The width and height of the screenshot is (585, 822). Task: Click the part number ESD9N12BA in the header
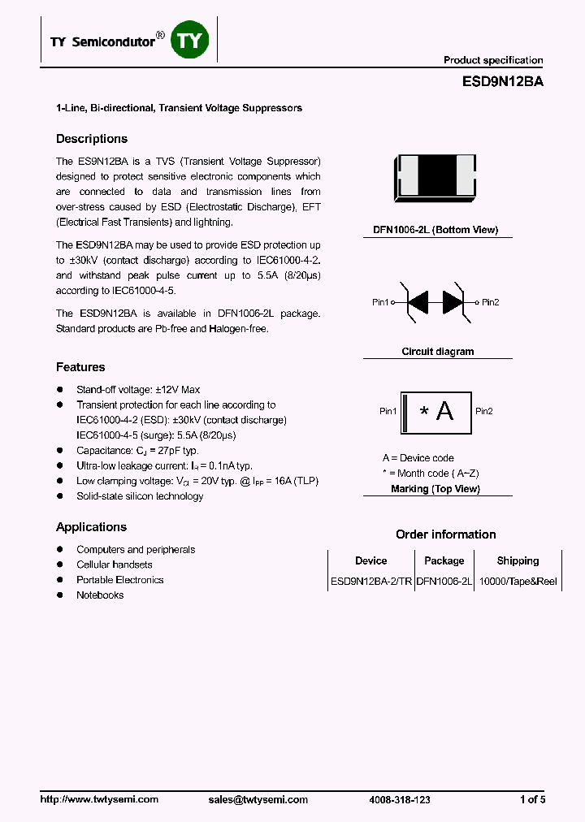click(503, 82)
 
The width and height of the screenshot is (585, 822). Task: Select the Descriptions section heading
click(92, 139)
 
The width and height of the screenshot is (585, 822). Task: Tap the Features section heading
click(80, 367)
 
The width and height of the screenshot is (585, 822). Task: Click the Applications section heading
click(91, 527)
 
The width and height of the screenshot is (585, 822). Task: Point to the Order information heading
click(445, 534)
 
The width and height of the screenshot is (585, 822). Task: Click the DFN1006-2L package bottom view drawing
click(436, 176)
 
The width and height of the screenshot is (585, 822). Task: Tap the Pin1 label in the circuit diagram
click(380, 302)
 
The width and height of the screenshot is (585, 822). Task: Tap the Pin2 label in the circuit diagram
click(490, 302)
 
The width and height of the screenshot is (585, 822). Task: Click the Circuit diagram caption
click(437, 352)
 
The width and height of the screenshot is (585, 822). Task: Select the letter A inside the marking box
click(445, 411)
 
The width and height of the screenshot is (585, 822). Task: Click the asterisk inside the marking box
click(423, 412)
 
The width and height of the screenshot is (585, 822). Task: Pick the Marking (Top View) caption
click(435, 489)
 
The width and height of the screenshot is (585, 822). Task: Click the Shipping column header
click(518, 560)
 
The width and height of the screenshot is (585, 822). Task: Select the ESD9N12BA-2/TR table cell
click(370, 582)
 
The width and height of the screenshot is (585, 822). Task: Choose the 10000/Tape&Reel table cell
click(518, 582)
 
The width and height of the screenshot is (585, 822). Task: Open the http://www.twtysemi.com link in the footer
click(99, 799)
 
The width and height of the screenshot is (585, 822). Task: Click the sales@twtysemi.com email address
click(258, 799)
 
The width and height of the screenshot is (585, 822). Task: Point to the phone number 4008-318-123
click(400, 799)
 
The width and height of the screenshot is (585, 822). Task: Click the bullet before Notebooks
click(59, 595)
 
